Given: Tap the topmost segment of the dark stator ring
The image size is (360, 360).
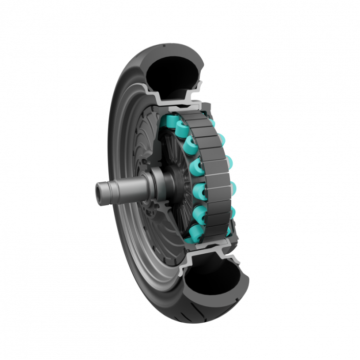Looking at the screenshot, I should tap(191, 117).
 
